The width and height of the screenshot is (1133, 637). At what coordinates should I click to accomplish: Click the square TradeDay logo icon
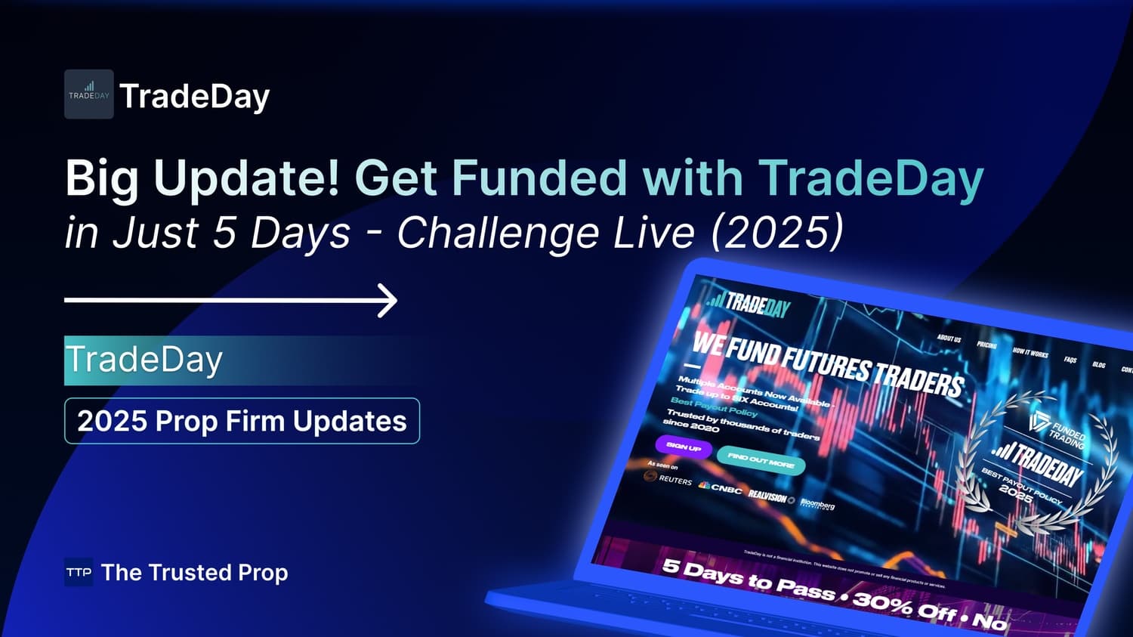click(x=88, y=94)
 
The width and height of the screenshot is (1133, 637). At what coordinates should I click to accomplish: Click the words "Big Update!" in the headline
click(x=202, y=179)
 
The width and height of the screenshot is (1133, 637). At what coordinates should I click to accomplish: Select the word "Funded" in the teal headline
click(x=539, y=179)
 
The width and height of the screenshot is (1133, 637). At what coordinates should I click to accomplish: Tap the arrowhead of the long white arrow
click(x=388, y=301)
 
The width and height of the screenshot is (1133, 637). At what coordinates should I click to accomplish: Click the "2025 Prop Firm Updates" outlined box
click(x=242, y=421)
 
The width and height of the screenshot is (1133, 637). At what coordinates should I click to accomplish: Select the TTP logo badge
click(x=79, y=573)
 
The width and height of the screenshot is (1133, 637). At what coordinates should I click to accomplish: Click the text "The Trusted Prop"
click(x=194, y=573)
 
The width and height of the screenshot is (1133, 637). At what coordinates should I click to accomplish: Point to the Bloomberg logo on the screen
click(x=817, y=505)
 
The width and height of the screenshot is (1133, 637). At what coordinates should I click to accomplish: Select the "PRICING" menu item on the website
click(x=986, y=345)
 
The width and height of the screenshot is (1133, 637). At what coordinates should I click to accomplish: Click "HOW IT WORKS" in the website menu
click(x=1030, y=353)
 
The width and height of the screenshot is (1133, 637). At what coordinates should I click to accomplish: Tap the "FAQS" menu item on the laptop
click(x=1070, y=360)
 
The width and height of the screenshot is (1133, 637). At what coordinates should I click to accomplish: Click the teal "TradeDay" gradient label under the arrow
click(x=144, y=360)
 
